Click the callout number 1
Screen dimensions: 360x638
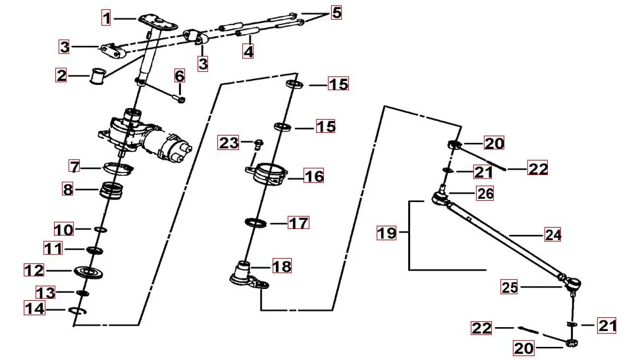pos(107,18)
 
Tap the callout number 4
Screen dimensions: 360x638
pos(248,51)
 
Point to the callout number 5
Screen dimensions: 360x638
pos(336,13)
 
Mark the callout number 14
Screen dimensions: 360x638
pos(35,308)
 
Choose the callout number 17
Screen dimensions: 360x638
pos(298,223)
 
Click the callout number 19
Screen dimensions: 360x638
pos(386,233)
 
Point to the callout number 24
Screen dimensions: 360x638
pos(553,234)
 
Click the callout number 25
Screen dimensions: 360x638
pos(510,287)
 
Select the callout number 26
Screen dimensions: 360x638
pos(485,194)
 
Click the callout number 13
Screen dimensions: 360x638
pos(45,292)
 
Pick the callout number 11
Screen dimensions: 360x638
pos(54,249)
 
